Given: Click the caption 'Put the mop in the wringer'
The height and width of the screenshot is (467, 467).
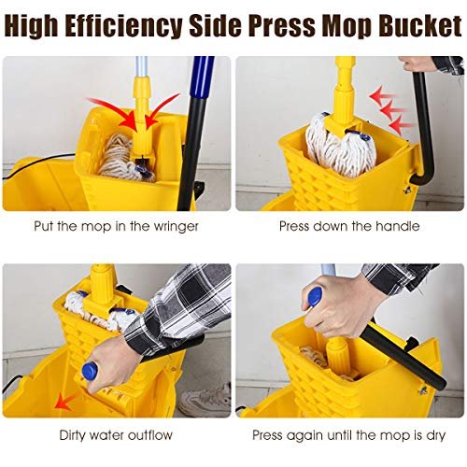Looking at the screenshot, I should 116,226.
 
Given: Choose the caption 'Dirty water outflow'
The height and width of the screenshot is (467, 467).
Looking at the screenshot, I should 116,434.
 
